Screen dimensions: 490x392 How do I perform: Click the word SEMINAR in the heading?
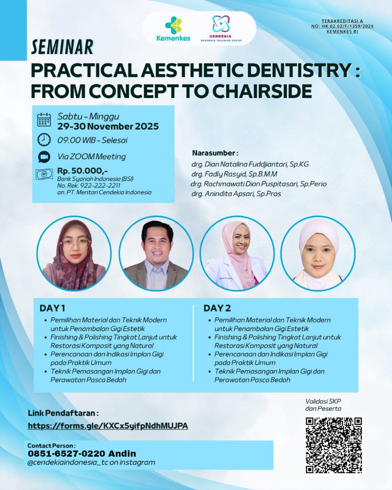(x=62, y=47)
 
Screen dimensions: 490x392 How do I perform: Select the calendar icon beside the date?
(x=44, y=119)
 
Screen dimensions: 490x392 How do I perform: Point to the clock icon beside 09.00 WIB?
(x=44, y=139)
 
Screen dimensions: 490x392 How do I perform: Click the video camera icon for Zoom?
(x=44, y=157)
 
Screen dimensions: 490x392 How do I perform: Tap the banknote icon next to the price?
(x=44, y=175)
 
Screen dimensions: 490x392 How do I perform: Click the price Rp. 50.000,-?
(x=82, y=171)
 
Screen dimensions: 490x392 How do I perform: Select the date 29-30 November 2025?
(x=108, y=126)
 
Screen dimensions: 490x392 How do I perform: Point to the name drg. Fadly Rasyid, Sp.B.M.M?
(x=234, y=174)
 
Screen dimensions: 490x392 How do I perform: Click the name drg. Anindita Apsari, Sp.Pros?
(x=236, y=194)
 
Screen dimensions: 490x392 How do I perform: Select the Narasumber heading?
(x=215, y=153)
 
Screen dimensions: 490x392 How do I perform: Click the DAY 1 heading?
(x=52, y=308)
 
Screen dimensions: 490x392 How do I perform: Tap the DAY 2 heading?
(x=217, y=308)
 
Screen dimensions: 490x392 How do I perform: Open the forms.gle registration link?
(x=108, y=426)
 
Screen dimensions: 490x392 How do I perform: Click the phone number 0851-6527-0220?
(x=66, y=454)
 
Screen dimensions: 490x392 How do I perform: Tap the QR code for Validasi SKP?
(x=333, y=445)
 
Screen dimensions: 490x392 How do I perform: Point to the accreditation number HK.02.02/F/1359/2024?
(x=342, y=26)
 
